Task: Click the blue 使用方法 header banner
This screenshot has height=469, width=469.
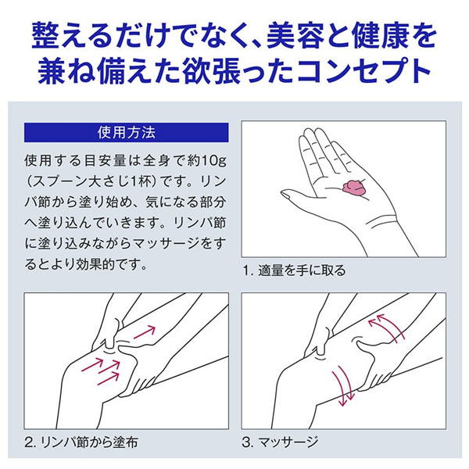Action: tap(126, 133)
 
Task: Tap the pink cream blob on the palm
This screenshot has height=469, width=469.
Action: tap(354, 188)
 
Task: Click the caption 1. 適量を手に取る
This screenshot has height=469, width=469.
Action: tap(294, 270)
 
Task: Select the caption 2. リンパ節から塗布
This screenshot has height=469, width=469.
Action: tap(81, 442)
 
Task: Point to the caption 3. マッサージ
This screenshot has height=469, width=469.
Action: tap(280, 442)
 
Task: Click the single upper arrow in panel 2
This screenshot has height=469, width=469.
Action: tap(145, 332)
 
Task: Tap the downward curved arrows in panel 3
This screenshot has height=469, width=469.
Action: tap(343, 386)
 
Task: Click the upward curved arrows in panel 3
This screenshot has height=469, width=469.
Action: tap(385, 328)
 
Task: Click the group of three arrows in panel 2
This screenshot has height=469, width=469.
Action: tap(101, 371)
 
